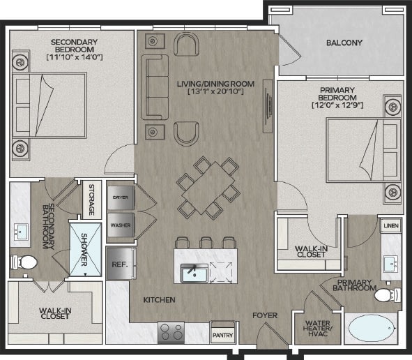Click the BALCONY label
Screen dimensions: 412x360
click(x=344, y=43)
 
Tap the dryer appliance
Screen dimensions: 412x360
click(x=121, y=197)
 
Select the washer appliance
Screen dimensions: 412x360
click(x=121, y=225)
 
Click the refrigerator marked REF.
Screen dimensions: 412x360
click(x=120, y=264)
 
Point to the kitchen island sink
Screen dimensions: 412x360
click(x=194, y=273)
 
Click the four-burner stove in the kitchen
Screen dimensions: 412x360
click(x=171, y=332)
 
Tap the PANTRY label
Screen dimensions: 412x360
click(x=222, y=336)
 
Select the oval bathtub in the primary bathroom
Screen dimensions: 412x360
click(x=372, y=329)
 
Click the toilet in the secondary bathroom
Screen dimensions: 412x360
click(x=24, y=262)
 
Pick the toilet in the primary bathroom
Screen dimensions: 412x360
click(x=388, y=295)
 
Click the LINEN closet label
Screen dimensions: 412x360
click(x=391, y=225)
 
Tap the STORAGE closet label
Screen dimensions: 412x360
click(x=91, y=200)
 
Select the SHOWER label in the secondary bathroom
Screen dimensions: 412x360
click(x=84, y=250)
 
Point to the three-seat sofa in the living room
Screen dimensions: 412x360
click(x=155, y=87)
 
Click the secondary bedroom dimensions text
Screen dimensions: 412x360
click(x=75, y=57)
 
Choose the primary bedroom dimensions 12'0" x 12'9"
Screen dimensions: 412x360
click(x=337, y=105)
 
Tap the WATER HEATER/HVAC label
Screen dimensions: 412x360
click(x=318, y=329)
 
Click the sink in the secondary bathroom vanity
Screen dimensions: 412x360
click(x=21, y=232)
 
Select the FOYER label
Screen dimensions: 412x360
click(x=265, y=315)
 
